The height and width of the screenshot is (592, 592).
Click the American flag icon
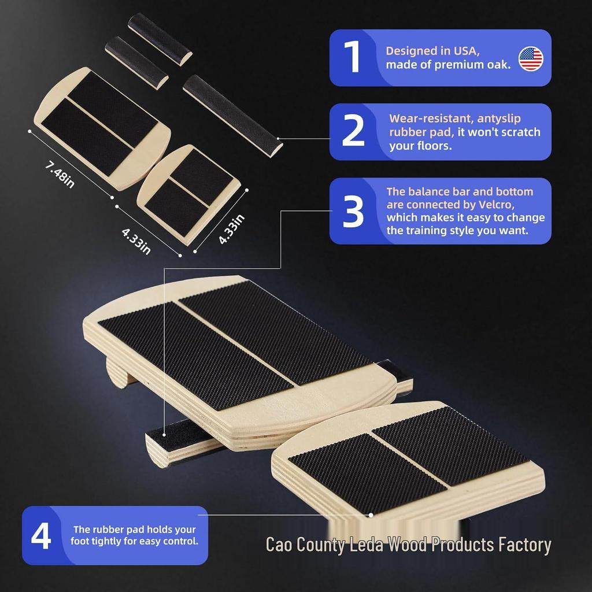pyautogui.click(x=531, y=58)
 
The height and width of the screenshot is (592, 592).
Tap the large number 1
pyautogui.click(x=353, y=56)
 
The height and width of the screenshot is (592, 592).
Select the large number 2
pyautogui.click(x=353, y=130)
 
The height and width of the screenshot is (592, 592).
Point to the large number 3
pyautogui.click(x=353, y=211)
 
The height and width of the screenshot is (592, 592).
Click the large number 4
pyautogui.click(x=41, y=535)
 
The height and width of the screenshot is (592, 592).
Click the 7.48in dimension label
pyautogui.click(x=60, y=175)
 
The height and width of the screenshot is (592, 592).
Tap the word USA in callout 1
pyautogui.click(x=467, y=51)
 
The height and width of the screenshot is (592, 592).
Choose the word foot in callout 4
pyautogui.click(x=79, y=541)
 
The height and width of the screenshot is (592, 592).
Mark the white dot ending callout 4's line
pyautogui.click(x=371, y=515)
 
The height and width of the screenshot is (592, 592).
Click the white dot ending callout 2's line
pyautogui.click(x=278, y=139)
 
